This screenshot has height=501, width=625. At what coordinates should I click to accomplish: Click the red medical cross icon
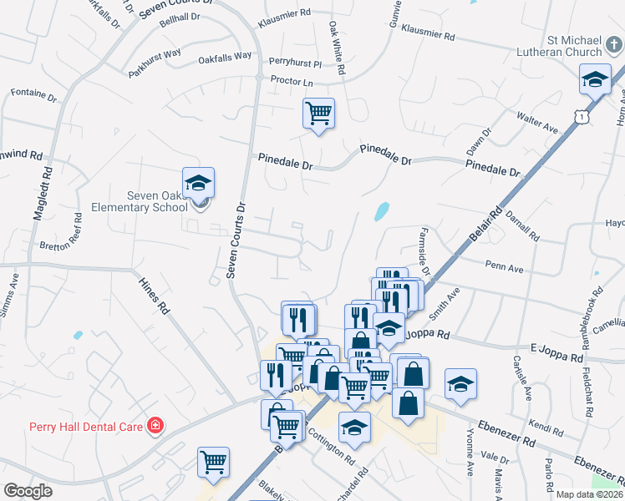(155, 426)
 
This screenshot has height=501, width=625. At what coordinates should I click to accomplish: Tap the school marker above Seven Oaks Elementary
(199, 183)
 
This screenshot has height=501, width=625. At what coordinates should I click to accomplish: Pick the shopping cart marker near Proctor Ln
(318, 112)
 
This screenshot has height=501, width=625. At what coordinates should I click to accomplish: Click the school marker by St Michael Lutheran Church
(594, 80)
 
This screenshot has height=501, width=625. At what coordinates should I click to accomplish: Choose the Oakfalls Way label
(225, 57)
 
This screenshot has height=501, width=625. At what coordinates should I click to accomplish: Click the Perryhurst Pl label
(295, 63)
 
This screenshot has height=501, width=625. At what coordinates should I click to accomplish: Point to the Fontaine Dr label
(33, 95)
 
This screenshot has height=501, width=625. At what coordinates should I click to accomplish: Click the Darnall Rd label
(522, 225)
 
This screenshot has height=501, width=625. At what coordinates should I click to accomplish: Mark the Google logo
(28, 491)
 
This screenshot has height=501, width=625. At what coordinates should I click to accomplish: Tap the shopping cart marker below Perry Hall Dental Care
(213, 463)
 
